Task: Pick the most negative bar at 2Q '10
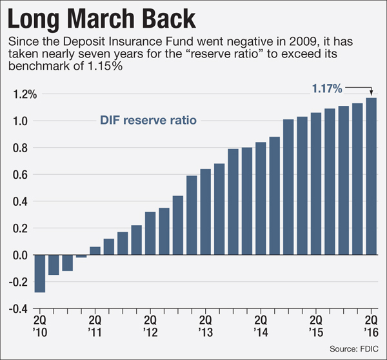click(40, 274)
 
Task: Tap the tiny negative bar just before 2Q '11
click(81, 256)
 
